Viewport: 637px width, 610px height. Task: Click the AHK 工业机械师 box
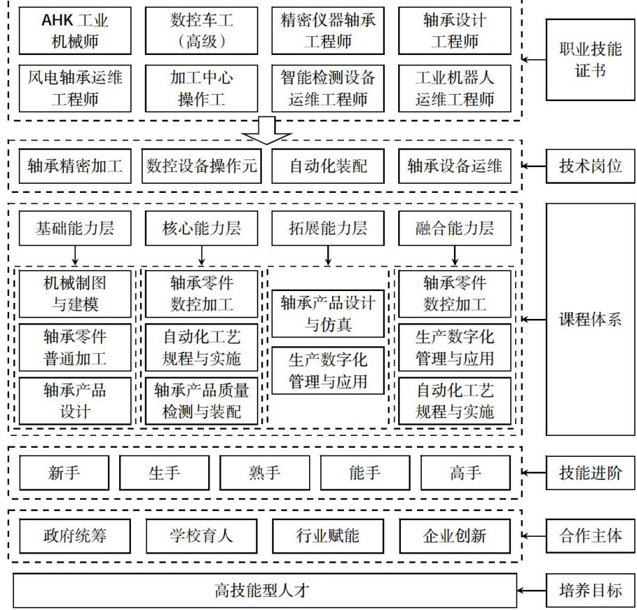pyautogui.click(x=74, y=31)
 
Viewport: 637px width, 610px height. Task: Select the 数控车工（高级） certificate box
pyautogui.click(x=201, y=31)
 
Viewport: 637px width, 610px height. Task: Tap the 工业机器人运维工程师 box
pyautogui.click(x=455, y=88)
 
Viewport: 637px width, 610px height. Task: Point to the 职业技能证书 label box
pyautogui.click(x=591, y=60)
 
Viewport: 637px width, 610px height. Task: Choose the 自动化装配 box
pyautogui.click(x=328, y=166)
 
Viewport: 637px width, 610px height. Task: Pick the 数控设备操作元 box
pyautogui.click(x=202, y=166)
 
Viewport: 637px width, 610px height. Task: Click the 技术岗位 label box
pyautogui.click(x=591, y=166)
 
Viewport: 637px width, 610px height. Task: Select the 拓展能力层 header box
pyautogui.click(x=328, y=228)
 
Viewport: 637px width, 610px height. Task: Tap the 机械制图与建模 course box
pyautogui.click(x=74, y=294)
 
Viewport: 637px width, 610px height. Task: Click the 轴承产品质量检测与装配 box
pyautogui.click(x=201, y=400)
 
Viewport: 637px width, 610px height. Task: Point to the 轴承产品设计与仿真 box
pyautogui.click(x=328, y=313)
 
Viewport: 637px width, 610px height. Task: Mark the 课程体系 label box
pyautogui.click(x=591, y=320)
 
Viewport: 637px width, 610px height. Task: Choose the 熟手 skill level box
pyautogui.click(x=265, y=474)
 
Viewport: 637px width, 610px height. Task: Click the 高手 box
pyautogui.click(x=465, y=474)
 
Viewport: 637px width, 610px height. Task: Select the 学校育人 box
pyautogui.click(x=201, y=536)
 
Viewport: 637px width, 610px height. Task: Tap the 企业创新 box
pyautogui.click(x=455, y=536)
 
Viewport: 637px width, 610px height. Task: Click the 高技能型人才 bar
pyautogui.click(x=265, y=591)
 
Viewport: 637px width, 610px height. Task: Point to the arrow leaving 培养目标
pyautogui.click(x=533, y=591)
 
